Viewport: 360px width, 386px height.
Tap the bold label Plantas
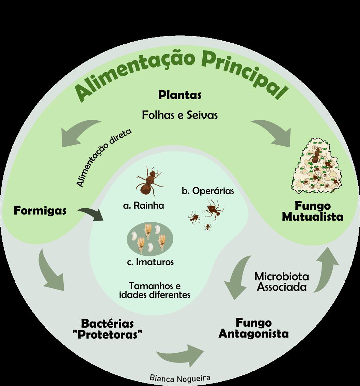click(x=180, y=95)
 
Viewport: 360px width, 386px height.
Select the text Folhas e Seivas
click(x=180, y=115)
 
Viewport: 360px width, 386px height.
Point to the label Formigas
click(x=40, y=211)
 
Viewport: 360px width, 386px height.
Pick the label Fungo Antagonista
click(x=254, y=328)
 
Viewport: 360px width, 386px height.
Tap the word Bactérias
click(x=107, y=323)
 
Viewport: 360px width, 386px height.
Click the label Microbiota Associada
click(x=282, y=281)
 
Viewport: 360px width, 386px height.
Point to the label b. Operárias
click(x=208, y=191)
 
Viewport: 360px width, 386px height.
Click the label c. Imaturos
click(x=150, y=262)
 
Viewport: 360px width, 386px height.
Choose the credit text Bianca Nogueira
click(x=180, y=377)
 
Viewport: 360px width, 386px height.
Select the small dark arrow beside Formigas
click(x=91, y=215)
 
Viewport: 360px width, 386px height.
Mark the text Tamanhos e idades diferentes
click(x=154, y=290)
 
